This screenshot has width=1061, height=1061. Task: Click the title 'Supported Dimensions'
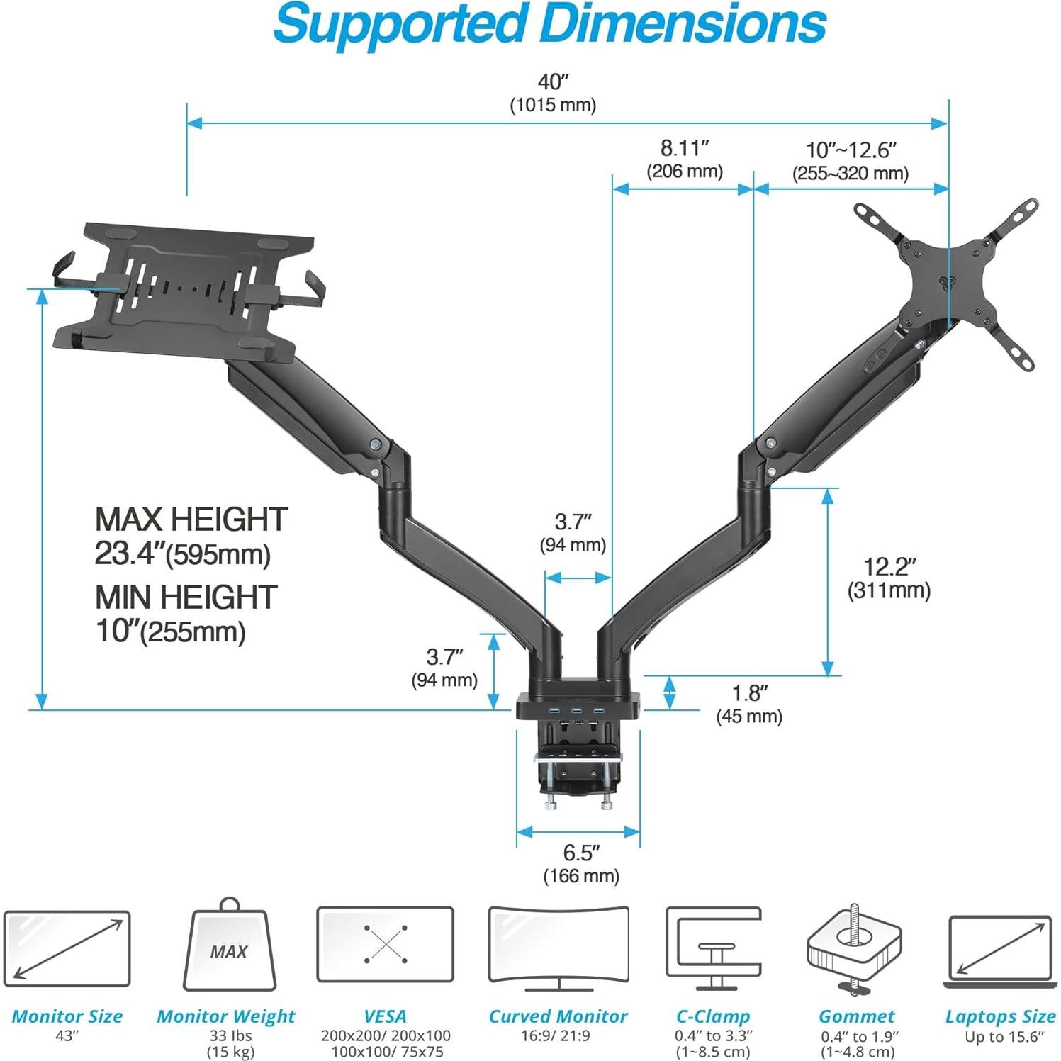tap(549, 24)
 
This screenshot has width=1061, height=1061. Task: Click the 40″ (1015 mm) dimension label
tap(553, 93)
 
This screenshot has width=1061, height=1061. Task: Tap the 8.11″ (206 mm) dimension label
tap(685, 159)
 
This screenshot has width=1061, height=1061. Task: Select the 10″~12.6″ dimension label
tap(851, 161)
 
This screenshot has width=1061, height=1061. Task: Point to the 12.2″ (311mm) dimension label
tap(889, 578)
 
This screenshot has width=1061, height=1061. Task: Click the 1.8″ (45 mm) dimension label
tap(749, 704)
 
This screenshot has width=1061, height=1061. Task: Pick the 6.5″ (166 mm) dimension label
tap(581, 864)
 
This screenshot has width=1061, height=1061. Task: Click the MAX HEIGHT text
tap(191, 519)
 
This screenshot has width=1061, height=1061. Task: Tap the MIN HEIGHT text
tap(186, 597)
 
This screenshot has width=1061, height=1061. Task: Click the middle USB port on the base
tap(576, 711)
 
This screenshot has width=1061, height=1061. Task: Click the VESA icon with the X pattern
tap(385, 944)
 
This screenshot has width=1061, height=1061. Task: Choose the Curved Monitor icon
tap(558, 948)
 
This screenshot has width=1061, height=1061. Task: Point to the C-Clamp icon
tap(713, 948)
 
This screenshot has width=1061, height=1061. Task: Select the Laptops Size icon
tap(1000, 950)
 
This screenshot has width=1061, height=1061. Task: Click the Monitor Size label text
tap(67, 1016)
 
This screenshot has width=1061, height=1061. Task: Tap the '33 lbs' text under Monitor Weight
tap(230, 1035)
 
